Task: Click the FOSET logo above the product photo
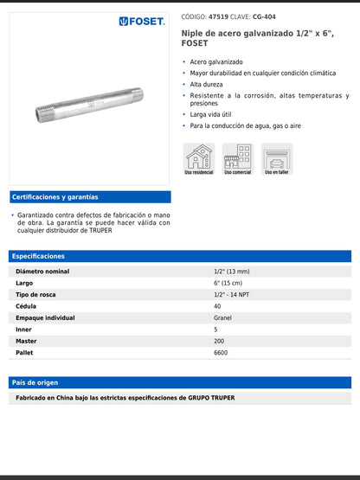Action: pos(142,21)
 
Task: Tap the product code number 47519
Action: pos(220,16)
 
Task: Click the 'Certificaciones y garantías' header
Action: pos(55,197)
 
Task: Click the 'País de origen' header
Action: pos(34,381)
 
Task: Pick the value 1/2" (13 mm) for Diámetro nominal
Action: pos(234,272)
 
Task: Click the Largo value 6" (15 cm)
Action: pos(228,283)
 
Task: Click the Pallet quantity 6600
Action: pos(221,353)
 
